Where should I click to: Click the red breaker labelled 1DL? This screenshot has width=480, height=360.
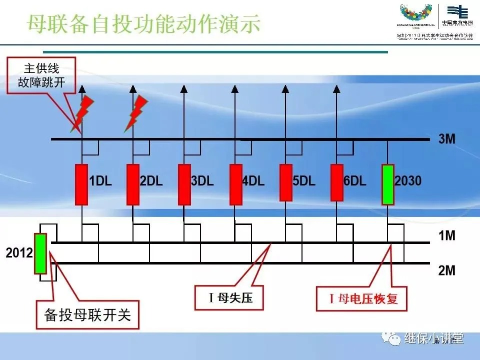point(81,184)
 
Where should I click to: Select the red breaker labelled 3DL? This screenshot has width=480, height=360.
point(184,184)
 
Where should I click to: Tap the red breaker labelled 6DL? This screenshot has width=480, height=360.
point(337,182)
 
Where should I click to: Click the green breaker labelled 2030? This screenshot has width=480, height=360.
point(388,184)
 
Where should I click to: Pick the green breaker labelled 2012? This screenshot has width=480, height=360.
point(40,253)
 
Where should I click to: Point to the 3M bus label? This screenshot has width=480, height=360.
point(446,139)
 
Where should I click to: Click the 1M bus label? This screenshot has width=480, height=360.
point(446,235)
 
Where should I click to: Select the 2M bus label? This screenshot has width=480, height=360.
point(446,270)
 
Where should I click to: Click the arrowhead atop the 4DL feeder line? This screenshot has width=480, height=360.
point(234,89)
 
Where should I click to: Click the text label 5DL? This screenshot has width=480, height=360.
point(304,181)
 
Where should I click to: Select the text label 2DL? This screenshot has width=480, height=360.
point(151,181)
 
